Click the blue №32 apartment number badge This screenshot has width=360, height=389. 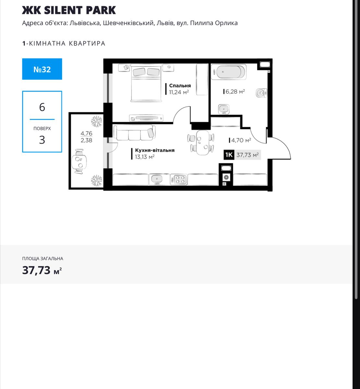pos(42,69)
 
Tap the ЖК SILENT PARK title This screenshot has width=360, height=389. pos(69,10)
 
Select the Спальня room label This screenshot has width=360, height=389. pos(180,86)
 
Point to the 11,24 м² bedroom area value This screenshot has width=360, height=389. pos(179,92)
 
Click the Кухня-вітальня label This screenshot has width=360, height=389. pos(155,150)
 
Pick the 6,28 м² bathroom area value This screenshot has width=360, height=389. pos(235,91)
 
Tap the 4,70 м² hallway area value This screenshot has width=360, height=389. pos(241,140)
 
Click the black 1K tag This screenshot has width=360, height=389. pos(229,155)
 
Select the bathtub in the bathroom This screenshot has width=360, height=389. pos(229,72)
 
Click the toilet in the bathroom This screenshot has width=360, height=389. pos(261,93)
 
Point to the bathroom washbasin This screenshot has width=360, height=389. pos(224,109)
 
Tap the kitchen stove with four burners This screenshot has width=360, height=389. pos(179,179)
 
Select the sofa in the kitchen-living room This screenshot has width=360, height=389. pos(135,133)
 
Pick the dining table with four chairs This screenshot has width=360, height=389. pos(201,143)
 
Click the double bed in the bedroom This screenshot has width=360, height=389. pos(146,83)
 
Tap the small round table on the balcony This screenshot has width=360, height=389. pos(79,162)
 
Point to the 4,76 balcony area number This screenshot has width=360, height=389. pos(86,133)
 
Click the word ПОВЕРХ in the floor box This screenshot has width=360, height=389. pos(42,128)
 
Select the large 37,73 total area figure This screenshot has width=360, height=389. pos(36,270)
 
